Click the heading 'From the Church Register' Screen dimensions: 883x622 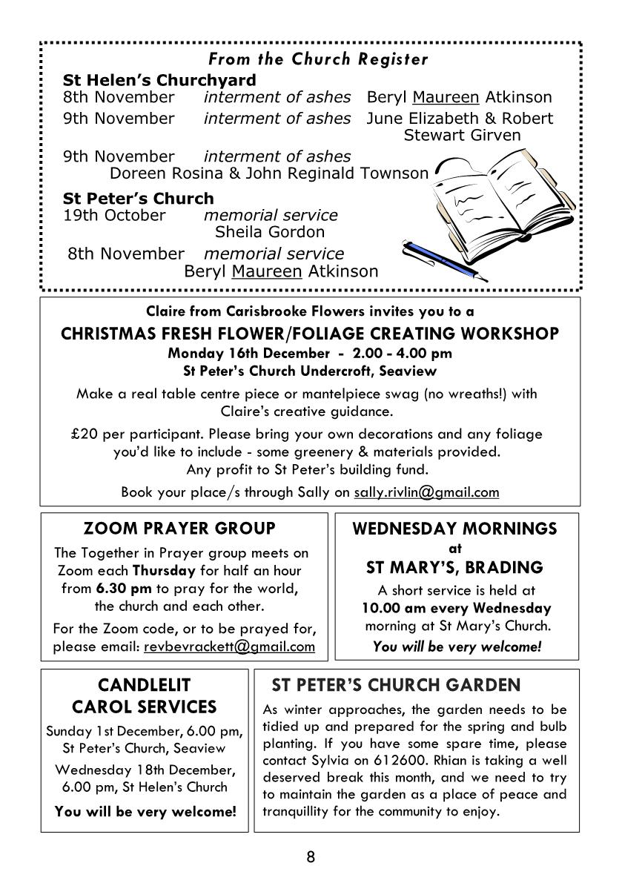(x=318, y=59)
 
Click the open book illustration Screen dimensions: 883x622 (x=497, y=201)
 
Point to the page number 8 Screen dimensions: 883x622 (x=311, y=858)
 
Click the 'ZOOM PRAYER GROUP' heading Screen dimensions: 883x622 (x=179, y=529)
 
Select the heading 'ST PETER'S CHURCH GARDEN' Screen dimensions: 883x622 (x=396, y=684)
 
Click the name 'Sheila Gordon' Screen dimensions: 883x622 (x=259, y=232)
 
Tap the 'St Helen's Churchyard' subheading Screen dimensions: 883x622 (x=159, y=80)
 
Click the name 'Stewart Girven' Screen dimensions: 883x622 (x=462, y=135)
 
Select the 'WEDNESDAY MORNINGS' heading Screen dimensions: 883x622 (x=454, y=529)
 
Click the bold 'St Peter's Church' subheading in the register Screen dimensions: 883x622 (x=138, y=199)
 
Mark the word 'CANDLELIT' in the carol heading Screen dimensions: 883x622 (x=144, y=684)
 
